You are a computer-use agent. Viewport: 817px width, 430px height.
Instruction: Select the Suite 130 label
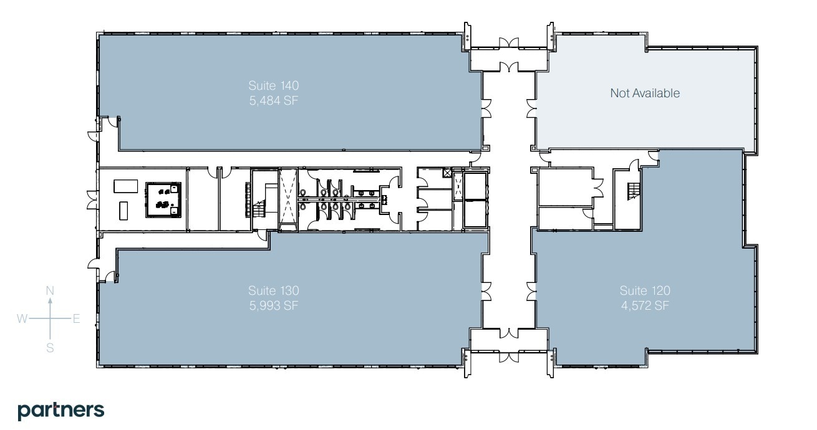[x=274, y=290]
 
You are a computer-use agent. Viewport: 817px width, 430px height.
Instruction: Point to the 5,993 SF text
[x=274, y=305]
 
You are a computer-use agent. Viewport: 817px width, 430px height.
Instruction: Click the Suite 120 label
[x=645, y=290]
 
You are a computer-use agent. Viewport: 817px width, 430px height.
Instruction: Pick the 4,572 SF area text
[x=645, y=305]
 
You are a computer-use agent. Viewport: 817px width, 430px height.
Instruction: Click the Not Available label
[x=645, y=93]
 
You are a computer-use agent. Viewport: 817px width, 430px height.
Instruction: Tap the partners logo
[x=60, y=410]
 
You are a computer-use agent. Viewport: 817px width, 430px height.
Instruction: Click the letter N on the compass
[x=51, y=290]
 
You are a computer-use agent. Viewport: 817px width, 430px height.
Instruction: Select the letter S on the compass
[x=51, y=348]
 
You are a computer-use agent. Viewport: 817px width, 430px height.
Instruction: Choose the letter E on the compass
[x=76, y=319]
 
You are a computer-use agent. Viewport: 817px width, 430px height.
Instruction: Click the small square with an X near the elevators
[x=446, y=173]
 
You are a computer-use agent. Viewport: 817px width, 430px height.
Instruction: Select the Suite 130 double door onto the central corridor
[x=486, y=290]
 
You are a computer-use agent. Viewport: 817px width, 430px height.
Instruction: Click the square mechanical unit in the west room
[x=163, y=199]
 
